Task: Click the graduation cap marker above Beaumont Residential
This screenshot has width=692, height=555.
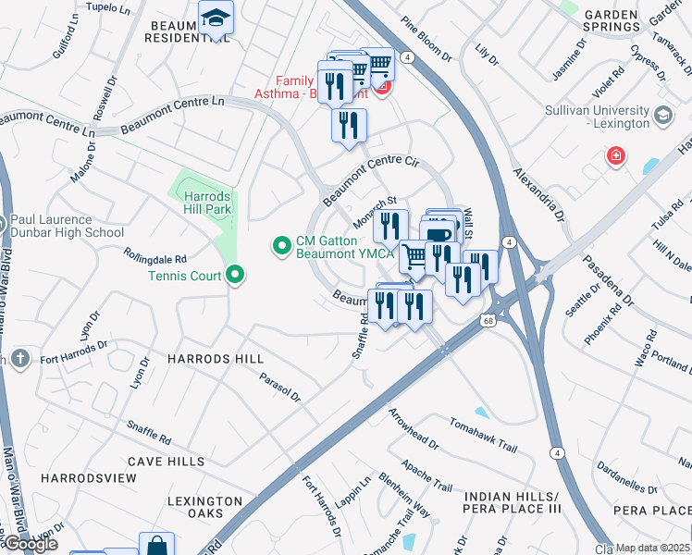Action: pyautogui.click(x=216, y=18)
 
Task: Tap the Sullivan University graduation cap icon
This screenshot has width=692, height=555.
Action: pyautogui.click(x=661, y=116)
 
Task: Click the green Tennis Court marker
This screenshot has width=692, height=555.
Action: pyautogui.click(x=235, y=275)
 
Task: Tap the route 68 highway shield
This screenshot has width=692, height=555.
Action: pyautogui.click(x=488, y=320)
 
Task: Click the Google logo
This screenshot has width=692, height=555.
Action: pyautogui.click(x=30, y=544)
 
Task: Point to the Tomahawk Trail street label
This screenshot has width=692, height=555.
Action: pyautogui.click(x=481, y=433)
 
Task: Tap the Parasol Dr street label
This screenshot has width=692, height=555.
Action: pyautogui.click(x=279, y=387)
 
